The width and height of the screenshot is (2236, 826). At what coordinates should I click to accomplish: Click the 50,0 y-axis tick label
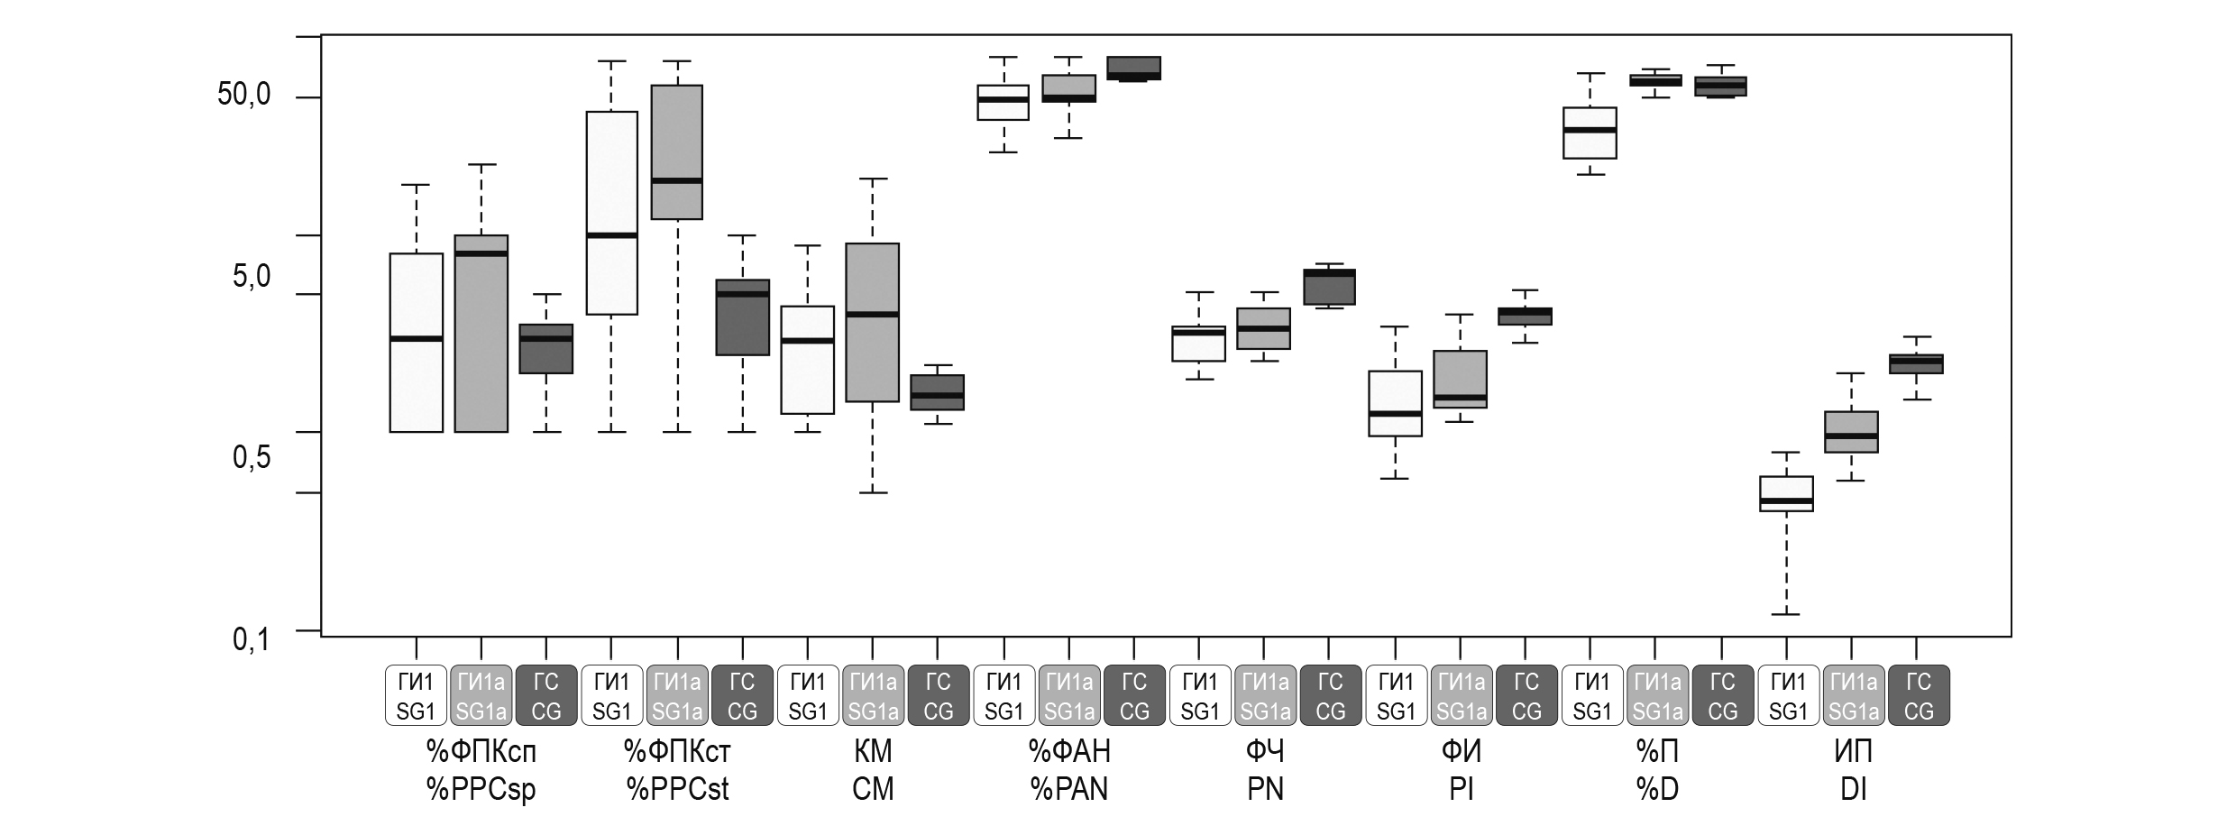(244, 96)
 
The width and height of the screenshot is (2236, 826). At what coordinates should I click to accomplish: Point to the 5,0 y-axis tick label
(252, 277)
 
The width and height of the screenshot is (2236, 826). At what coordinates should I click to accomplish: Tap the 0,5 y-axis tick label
(252, 458)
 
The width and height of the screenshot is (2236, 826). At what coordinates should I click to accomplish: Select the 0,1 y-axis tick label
(252, 639)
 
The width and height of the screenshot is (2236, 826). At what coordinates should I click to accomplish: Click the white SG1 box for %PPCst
(612, 213)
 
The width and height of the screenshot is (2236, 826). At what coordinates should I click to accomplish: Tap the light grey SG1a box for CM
(872, 322)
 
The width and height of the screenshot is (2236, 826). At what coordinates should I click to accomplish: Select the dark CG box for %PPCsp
(546, 349)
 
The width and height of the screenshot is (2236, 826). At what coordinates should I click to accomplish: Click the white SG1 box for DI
(1787, 493)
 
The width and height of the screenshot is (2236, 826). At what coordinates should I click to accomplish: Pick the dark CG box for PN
(1330, 287)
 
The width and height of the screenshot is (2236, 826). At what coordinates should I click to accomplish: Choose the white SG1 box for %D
(1590, 133)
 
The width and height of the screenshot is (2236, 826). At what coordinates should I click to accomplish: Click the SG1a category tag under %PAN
(1069, 695)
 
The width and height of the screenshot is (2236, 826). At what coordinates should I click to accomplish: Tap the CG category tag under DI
(1919, 695)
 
